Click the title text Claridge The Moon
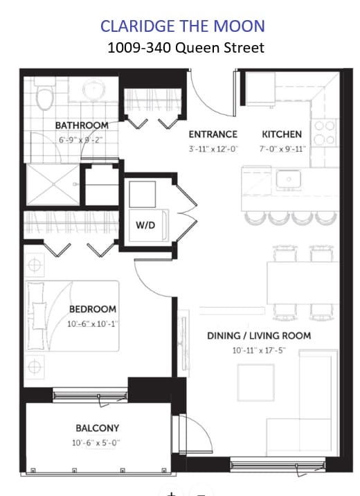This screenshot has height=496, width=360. [x=182, y=26]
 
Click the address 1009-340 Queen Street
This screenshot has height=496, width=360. [x=186, y=48]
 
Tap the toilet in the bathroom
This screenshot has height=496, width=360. [x=44, y=94]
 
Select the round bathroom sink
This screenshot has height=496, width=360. [x=94, y=89]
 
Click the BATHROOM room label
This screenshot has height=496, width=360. [x=82, y=125]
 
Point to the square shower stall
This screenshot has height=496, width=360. [x=53, y=184]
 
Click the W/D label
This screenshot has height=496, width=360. [x=145, y=225]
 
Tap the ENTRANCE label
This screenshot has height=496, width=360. [x=213, y=134]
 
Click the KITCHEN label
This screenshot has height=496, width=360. [x=282, y=134]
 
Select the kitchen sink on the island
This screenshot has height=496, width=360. [x=288, y=179]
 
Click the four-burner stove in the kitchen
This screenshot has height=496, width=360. [x=324, y=133]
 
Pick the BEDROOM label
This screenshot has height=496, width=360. [x=93, y=309]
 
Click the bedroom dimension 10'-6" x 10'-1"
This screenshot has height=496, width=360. [x=93, y=324]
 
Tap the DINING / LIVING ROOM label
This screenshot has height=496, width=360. [x=259, y=335]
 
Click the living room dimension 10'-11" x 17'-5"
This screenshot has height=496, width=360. [x=259, y=351]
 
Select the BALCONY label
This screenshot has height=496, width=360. [x=98, y=428]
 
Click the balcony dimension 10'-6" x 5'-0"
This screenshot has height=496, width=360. [x=96, y=443]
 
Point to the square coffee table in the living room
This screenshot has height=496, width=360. [x=255, y=382]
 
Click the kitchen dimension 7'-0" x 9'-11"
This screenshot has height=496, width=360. [x=282, y=149]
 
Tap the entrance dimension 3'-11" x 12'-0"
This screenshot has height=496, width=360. [x=213, y=149]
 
